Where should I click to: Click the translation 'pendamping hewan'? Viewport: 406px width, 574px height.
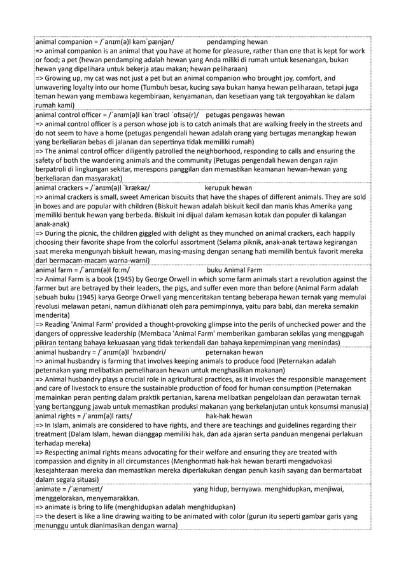tap(237, 41)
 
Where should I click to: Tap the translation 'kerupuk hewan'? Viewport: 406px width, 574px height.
tap(228, 188)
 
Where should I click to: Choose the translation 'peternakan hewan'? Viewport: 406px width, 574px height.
tap(235, 351)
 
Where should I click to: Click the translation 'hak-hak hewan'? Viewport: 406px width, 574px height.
tap(228, 416)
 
